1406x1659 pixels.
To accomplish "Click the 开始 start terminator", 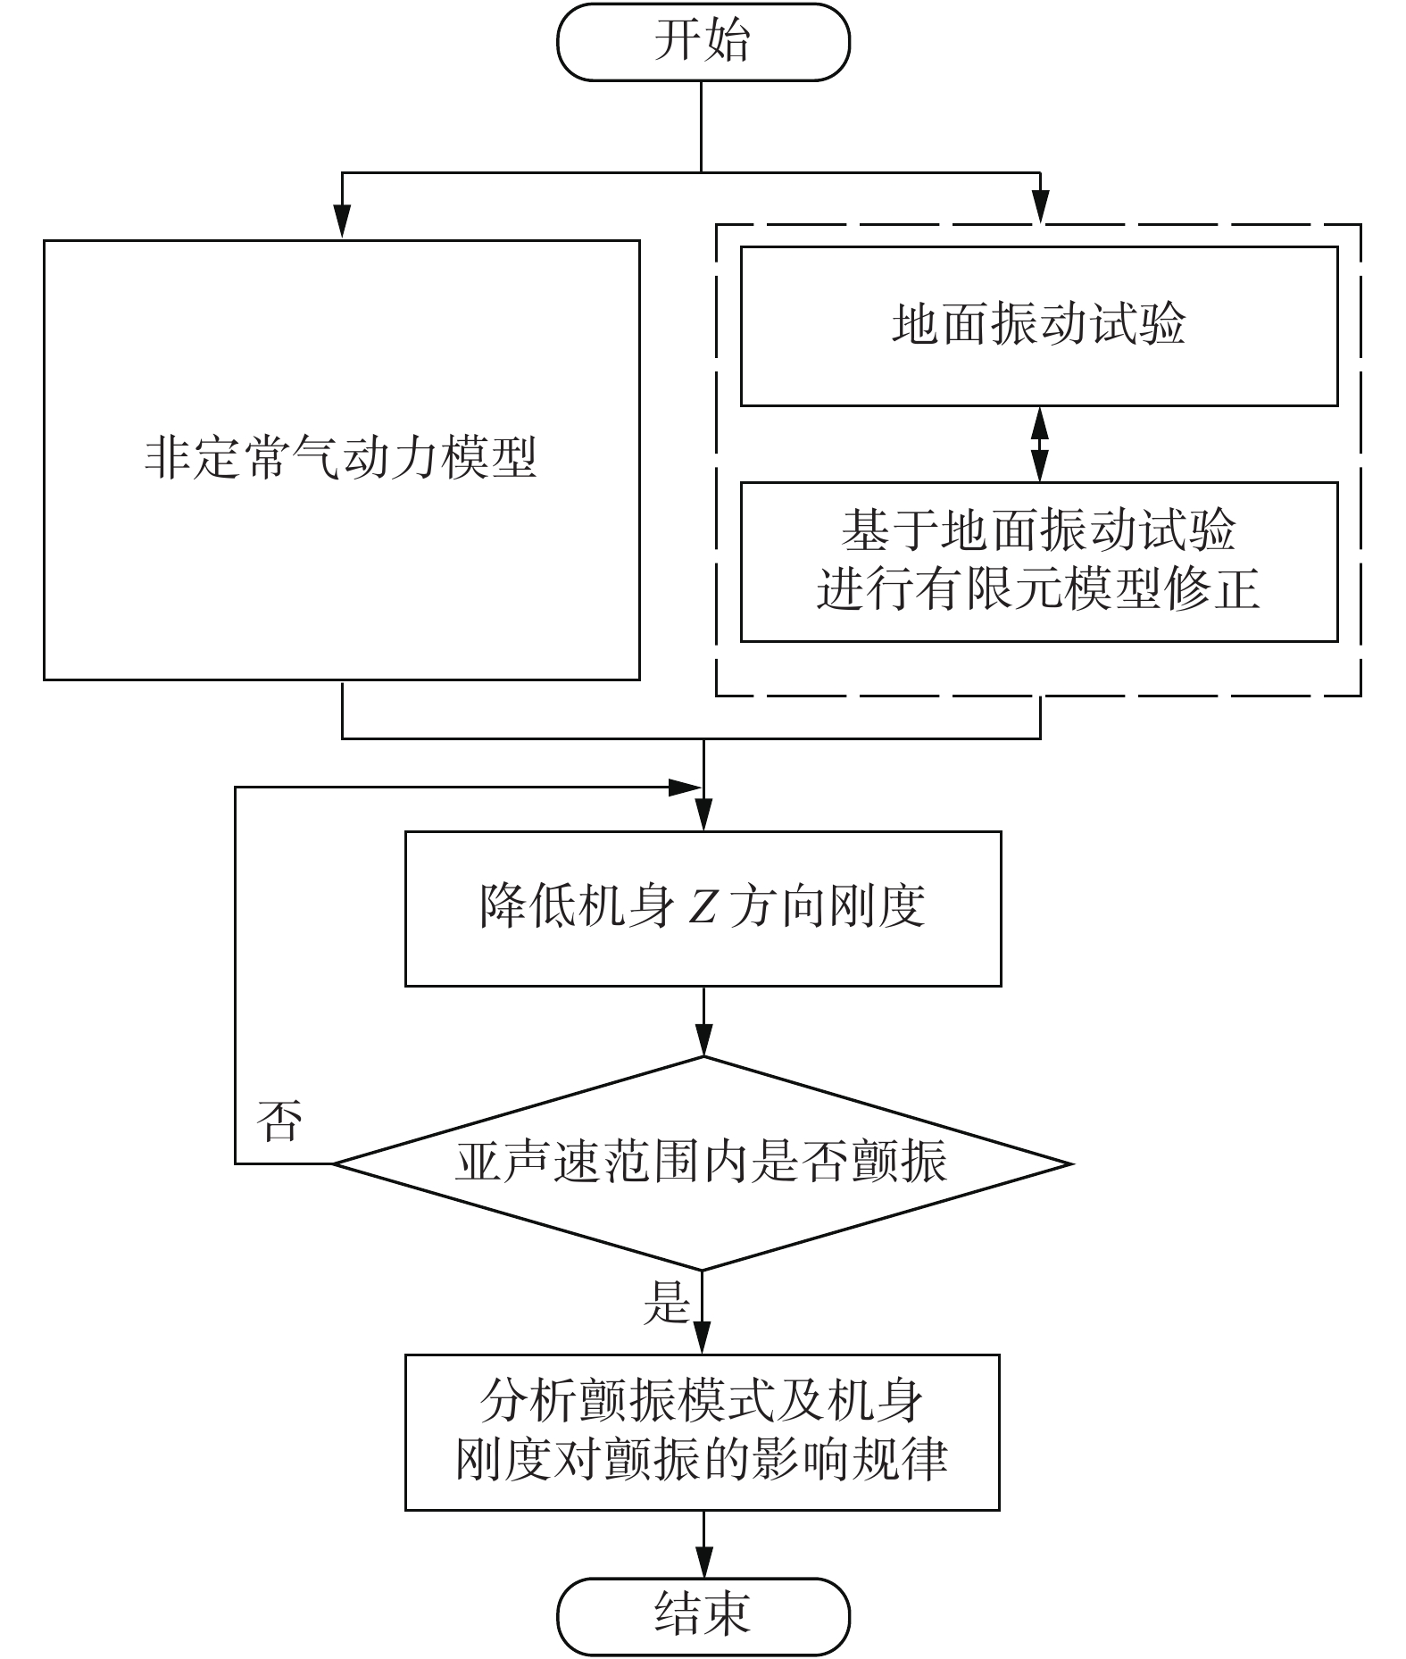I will tap(703, 42).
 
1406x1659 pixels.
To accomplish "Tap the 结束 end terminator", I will tap(703, 1615).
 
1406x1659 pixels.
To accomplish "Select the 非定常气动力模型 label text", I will tap(341, 458).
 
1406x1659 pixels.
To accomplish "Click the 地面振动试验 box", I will tap(1038, 325).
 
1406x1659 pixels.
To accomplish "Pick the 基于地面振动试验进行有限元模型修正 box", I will tap(1038, 561).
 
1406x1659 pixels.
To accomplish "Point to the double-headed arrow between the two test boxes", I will tap(1039, 444).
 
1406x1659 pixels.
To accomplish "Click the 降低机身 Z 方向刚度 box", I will tap(703, 908).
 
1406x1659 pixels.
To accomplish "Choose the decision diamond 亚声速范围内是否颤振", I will tap(703, 1163).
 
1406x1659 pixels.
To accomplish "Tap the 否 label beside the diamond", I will tap(279, 1121).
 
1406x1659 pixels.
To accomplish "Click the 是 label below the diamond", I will tap(667, 1302).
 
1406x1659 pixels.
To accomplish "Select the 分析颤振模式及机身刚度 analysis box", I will tap(702, 1432).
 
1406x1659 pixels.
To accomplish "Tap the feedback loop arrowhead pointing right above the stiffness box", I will tap(685, 788).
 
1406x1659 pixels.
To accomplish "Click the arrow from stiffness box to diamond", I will tap(703, 1022).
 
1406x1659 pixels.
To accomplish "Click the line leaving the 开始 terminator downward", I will tap(702, 125).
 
